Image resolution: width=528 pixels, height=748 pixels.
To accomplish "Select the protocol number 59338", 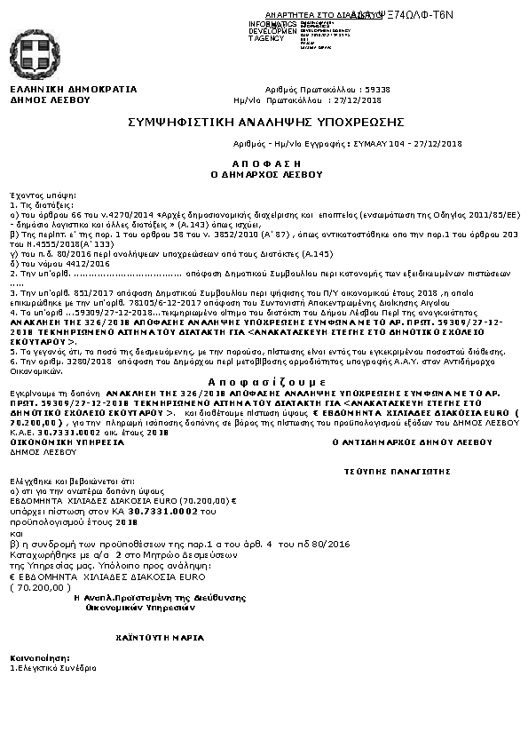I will coord(377,91).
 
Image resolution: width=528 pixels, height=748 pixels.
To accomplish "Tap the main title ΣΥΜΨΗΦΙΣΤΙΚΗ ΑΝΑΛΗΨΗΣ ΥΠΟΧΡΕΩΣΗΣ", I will coord(266,121).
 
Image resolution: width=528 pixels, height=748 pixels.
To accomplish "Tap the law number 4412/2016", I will coord(61,264).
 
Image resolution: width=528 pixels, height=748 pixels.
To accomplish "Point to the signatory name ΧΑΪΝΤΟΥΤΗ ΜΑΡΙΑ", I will coord(160,637).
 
